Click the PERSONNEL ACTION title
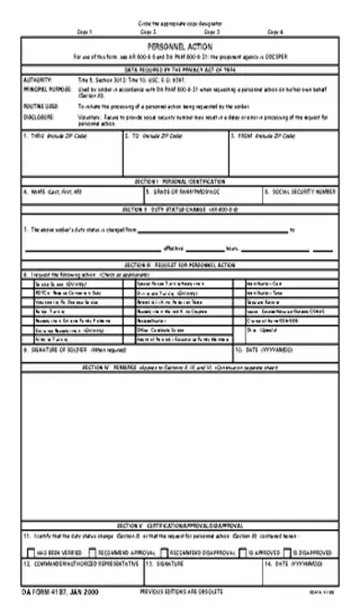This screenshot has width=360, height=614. [180, 42]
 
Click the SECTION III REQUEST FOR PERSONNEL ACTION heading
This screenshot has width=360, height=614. [180, 263]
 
